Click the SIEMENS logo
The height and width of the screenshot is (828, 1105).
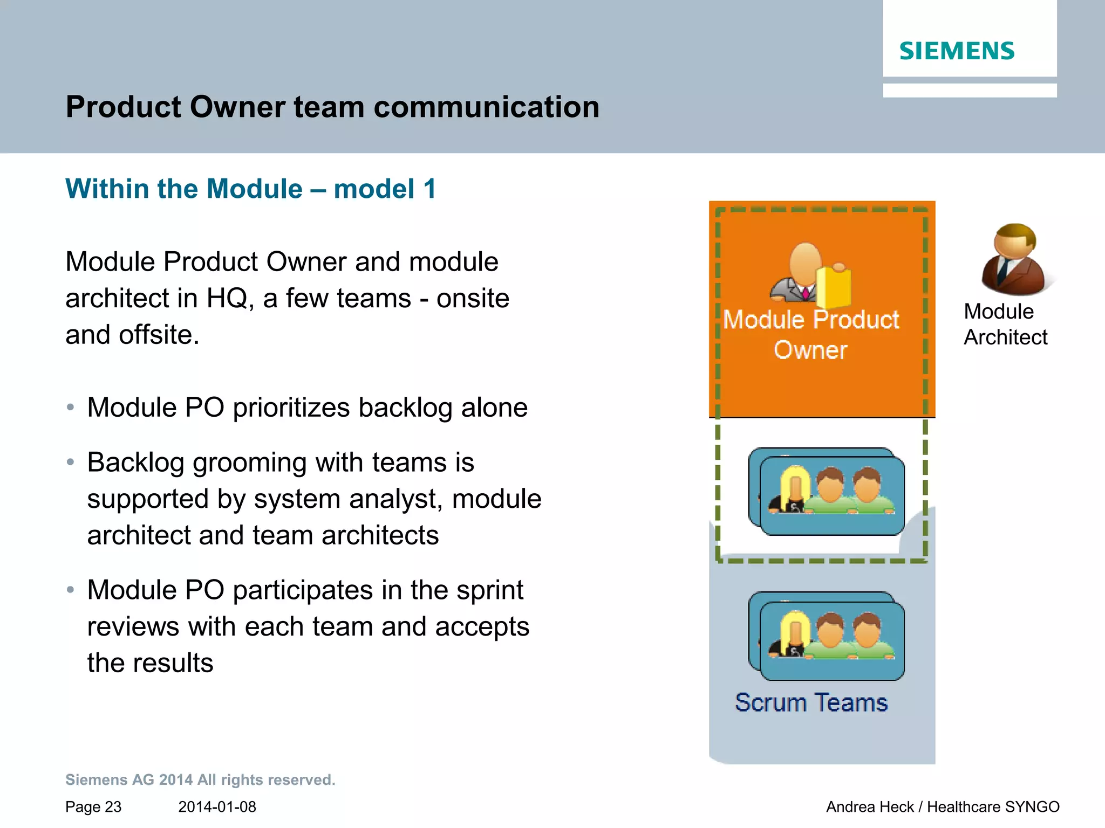click(957, 51)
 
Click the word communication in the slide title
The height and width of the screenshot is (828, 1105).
click(486, 107)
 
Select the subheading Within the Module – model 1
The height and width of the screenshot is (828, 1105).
click(250, 189)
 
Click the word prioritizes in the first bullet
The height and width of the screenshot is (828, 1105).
click(291, 408)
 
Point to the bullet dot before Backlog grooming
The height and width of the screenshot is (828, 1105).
click(70, 463)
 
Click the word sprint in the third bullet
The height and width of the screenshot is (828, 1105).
click(489, 590)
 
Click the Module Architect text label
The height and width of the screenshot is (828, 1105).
click(1005, 325)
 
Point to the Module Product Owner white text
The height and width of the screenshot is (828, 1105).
click(810, 335)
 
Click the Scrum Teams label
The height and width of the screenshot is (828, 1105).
click(811, 703)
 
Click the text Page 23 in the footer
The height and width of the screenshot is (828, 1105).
click(93, 807)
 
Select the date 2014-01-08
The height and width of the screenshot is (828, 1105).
click(217, 807)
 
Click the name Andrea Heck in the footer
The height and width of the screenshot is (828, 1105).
click(870, 807)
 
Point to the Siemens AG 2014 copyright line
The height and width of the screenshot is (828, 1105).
click(200, 780)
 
